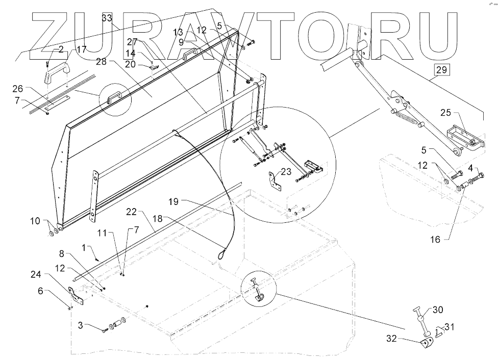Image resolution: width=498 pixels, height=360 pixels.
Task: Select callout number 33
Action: click(x=107, y=18)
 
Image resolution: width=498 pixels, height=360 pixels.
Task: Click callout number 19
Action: click(x=173, y=201)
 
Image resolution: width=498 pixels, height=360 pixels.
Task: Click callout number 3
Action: click(x=81, y=325)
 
